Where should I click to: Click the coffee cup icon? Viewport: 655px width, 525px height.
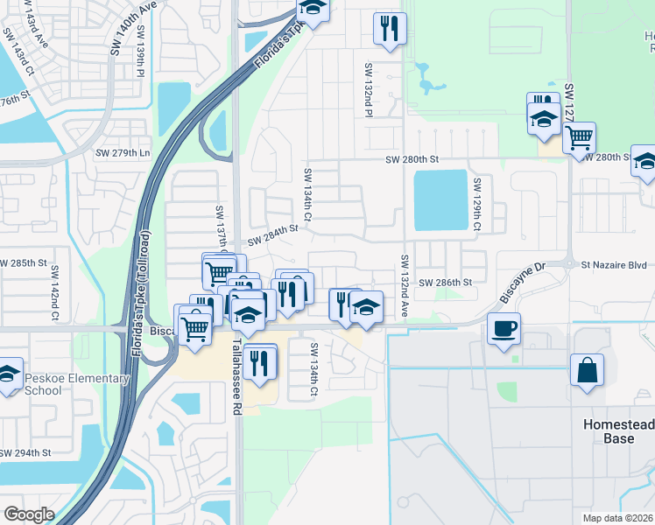tap(504, 330)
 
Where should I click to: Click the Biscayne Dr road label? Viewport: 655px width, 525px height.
tap(522, 282)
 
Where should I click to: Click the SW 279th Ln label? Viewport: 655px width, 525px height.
tap(123, 153)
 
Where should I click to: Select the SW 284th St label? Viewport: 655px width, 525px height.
tap(272, 234)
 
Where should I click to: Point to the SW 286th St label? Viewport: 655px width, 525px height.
tap(446, 283)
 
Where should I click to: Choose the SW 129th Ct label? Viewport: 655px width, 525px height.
tap(477, 205)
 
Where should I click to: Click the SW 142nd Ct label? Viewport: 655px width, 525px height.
tap(54, 292)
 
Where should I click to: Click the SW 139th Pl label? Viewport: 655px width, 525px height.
tap(139, 62)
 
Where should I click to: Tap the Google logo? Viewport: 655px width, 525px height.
tap(29, 514)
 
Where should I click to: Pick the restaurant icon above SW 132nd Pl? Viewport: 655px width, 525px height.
tap(388, 28)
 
